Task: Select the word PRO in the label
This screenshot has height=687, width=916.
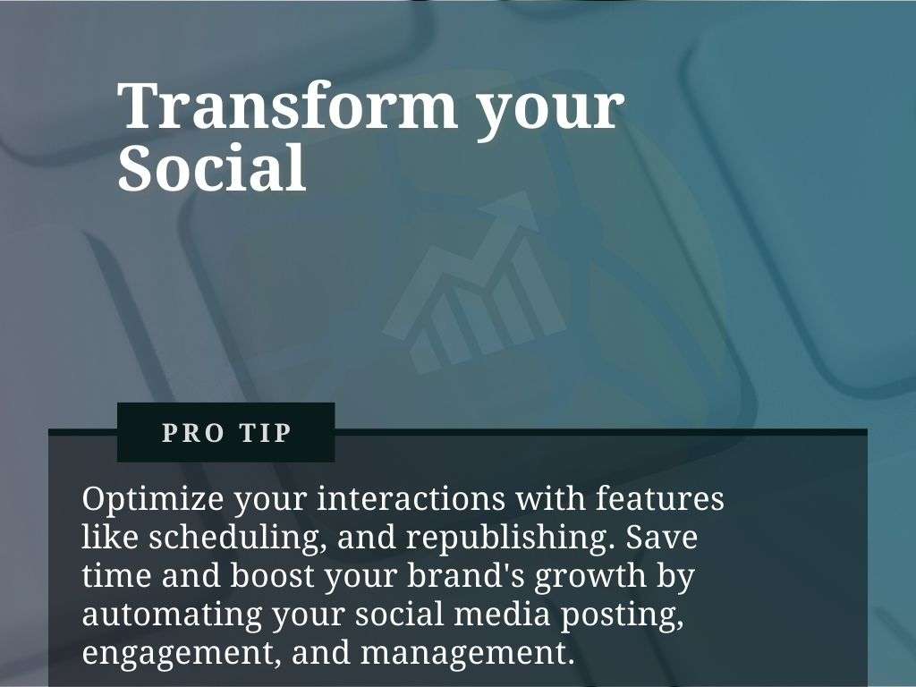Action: [193, 433]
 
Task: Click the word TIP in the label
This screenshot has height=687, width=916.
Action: [265, 433]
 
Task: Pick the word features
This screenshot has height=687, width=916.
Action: [660, 498]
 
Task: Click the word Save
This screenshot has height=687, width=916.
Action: [662, 538]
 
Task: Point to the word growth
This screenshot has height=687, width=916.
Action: [590, 577]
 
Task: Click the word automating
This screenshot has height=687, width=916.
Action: [172, 615]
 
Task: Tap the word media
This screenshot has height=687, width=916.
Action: [502, 614]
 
